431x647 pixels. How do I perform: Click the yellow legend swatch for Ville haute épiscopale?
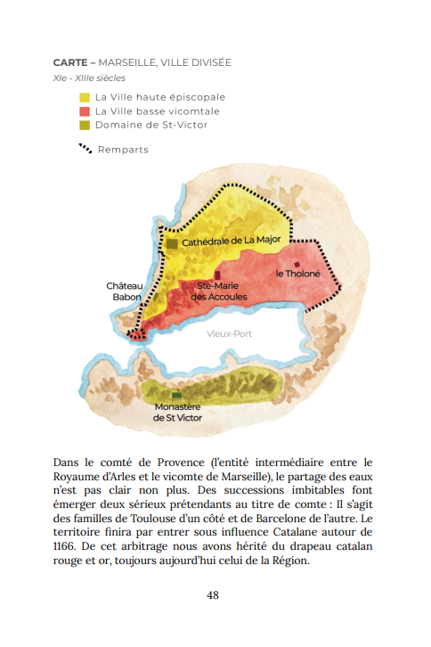85,97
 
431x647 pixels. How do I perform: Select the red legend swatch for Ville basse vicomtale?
85,111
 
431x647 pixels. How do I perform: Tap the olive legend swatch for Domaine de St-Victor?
85,125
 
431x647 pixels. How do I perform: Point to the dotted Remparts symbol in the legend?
85,149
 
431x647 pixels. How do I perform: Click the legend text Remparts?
123,150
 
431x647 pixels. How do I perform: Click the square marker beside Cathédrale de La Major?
172,242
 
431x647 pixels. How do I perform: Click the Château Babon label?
124,291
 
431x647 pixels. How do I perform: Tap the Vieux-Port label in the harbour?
230,334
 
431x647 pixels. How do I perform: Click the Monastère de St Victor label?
177,412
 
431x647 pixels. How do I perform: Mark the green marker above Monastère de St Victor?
177,395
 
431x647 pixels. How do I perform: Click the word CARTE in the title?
69,63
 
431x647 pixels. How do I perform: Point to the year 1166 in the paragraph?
68,544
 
